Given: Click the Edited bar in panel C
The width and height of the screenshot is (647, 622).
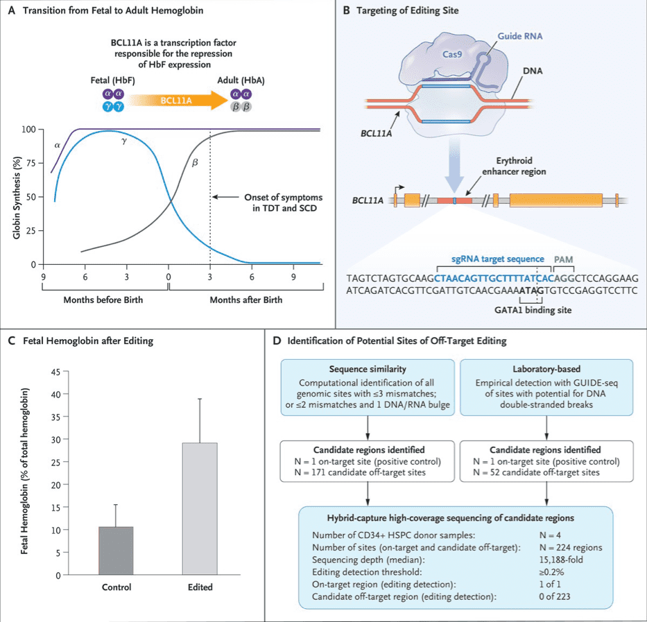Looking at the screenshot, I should [x=200, y=508].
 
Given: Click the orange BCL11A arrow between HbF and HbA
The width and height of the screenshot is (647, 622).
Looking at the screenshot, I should [x=186, y=100].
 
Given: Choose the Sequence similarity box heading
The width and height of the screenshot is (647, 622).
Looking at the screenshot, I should [x=368, y=368].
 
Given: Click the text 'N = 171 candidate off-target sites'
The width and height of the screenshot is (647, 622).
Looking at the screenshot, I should [x=367, y=472].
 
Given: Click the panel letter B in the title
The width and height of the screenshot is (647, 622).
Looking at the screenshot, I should [x=345, y=11].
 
